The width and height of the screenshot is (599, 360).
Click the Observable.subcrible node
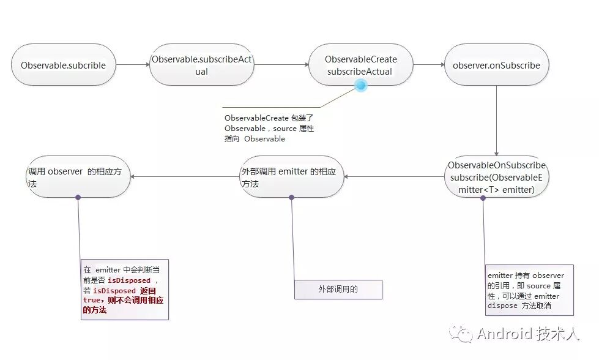coord(64,65)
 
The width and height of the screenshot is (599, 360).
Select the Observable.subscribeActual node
coord(201,65)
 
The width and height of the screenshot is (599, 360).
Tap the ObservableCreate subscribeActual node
coord(360,65)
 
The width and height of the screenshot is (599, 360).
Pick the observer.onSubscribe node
coord(496,65)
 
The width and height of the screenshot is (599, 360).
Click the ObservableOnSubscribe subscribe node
coord(496,178)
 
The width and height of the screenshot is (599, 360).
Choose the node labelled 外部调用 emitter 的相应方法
coord(291,178)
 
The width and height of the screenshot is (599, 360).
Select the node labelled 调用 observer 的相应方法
coord(78,178)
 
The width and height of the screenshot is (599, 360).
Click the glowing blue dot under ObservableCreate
coord(360,87)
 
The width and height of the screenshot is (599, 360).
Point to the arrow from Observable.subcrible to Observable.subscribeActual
coord(133,64)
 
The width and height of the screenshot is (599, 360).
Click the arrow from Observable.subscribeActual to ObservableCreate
coord(281,64)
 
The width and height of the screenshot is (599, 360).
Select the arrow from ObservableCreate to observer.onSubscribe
coord(429,64)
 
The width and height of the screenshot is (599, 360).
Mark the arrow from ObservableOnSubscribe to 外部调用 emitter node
coord(394,177)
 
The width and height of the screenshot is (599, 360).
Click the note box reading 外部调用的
coord(338,289)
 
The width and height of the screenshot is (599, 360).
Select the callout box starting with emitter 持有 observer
coord(529,290)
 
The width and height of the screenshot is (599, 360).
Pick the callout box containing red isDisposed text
coord(124,289)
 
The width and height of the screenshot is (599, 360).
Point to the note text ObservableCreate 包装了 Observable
coord(269,128)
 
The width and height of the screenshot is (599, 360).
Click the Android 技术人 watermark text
coord(527,334)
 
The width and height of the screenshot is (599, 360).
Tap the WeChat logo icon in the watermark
coord(461,333)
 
